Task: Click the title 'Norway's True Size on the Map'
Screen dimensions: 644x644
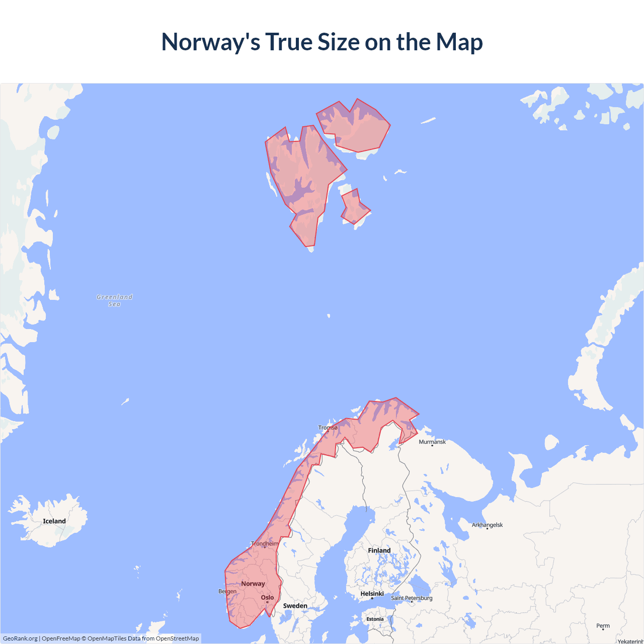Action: click(322, 42)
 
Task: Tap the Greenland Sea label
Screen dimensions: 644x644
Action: click(115, 300)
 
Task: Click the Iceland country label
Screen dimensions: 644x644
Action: click(54, 521)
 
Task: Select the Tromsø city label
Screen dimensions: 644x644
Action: click(328, 428)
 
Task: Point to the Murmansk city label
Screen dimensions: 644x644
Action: click(432, 442)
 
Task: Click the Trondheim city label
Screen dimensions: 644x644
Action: click(265, 543)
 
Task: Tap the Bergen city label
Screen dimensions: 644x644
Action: click(227, 591)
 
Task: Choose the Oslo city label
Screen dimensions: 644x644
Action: click(268, 598)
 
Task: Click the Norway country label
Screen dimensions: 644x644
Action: click(253, 584)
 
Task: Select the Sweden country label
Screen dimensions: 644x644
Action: click(295, 606)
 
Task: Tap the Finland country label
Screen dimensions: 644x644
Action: click(379, 550)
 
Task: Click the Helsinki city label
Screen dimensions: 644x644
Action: click(372, 594)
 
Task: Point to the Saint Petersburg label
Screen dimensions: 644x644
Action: click(412, 598)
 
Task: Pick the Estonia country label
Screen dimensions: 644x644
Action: click(375, 619)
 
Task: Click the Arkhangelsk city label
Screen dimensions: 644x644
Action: click(487, 525)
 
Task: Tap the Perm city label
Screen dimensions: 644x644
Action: click(603, 626)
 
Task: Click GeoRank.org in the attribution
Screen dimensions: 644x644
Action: click(20, 638)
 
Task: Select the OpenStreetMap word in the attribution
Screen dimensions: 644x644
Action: click(177, 638)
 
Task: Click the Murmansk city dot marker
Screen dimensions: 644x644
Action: click(432, 446)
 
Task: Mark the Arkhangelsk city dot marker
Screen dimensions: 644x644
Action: click(487, 528)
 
